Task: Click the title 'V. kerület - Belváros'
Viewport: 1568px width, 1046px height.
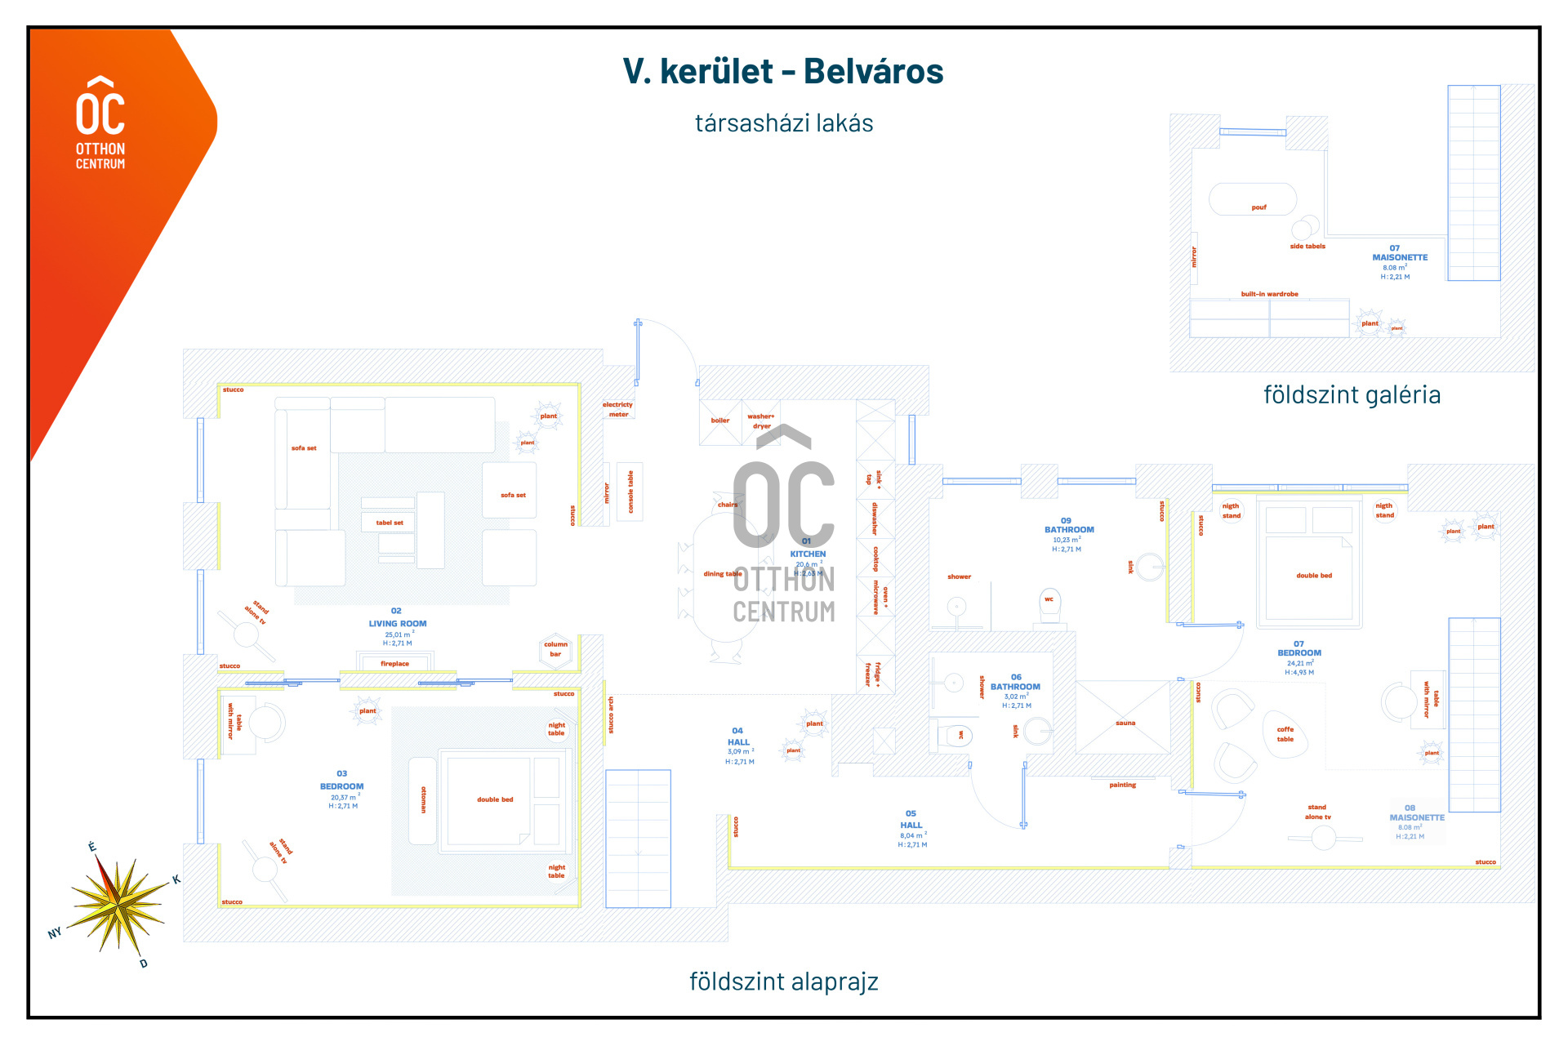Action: coord(782,72)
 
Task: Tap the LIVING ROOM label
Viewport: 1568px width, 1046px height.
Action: coord(397,624)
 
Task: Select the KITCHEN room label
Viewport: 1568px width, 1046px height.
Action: coord(808,554)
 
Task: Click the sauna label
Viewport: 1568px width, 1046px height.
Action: coord(1125,723)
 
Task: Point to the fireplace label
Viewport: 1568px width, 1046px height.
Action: coord(394,664)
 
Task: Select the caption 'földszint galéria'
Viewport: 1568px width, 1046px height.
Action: coord(1352,395)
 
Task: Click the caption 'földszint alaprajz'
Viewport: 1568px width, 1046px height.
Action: coord(783,981)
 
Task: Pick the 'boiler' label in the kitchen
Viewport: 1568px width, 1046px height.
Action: coord(719,421)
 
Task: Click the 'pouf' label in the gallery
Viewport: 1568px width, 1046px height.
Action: coord(1258,207)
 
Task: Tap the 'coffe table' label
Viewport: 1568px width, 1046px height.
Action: coord(1285,734)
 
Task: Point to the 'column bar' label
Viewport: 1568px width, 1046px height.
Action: coord(555,649)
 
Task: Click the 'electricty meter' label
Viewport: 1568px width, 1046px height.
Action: coord(617,409)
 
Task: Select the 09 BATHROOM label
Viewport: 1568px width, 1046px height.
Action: coord(1069,529)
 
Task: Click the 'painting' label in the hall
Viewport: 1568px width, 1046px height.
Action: coord(1122,785)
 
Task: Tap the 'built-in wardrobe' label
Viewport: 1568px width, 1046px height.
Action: coord(1269,294)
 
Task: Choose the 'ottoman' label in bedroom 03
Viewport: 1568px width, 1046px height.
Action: coord(423,799)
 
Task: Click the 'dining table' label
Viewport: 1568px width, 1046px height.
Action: coord(722,574)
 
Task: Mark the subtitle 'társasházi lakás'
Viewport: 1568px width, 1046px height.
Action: coord(783,123)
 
